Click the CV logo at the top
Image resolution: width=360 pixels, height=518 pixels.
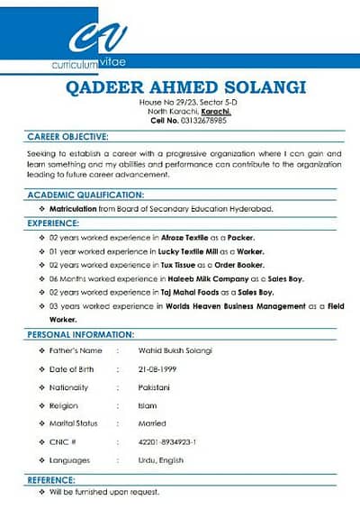click(x=97, y=38)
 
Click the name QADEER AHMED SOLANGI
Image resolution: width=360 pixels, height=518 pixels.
click(x=186, y=87)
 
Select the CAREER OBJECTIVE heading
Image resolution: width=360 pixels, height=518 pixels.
click(x=68, y=137)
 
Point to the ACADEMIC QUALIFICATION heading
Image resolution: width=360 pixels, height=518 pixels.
click(x=85, y=195)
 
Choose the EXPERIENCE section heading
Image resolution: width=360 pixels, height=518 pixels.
click(x=53, y=222)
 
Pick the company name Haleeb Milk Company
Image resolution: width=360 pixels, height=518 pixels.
click(x=206, y=278)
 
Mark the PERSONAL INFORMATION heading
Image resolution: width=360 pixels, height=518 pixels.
click(x=81, y=334)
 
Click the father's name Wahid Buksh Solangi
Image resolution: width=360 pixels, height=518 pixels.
click(x=174, y=350)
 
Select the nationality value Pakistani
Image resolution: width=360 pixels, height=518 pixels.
click(x=155, y=387)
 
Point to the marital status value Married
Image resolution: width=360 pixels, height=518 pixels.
click(x=152, y=423)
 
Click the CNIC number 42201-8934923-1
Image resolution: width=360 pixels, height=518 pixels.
click(x=167, y=441)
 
